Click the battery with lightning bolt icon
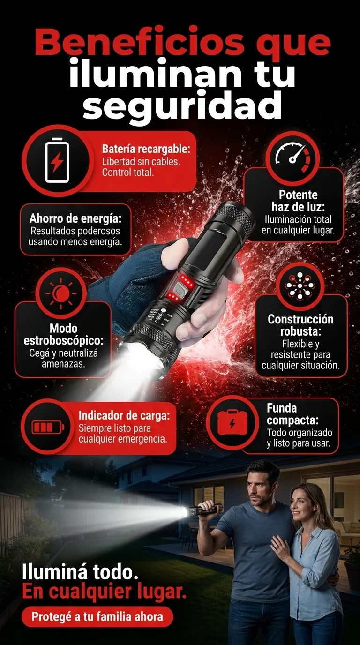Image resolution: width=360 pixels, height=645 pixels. point(57,160)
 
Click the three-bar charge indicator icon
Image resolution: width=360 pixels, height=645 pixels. point(48,427)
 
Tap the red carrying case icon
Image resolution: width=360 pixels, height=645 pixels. point(232,423)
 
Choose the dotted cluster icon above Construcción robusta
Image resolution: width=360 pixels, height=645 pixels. point(300,285)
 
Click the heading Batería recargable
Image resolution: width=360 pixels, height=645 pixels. point(146,149)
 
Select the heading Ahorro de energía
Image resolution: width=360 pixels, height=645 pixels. point(75,218)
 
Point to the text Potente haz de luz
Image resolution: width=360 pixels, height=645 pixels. point(298,201)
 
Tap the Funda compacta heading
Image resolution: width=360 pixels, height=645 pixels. point(292,414)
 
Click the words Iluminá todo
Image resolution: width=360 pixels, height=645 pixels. point(80,572)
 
